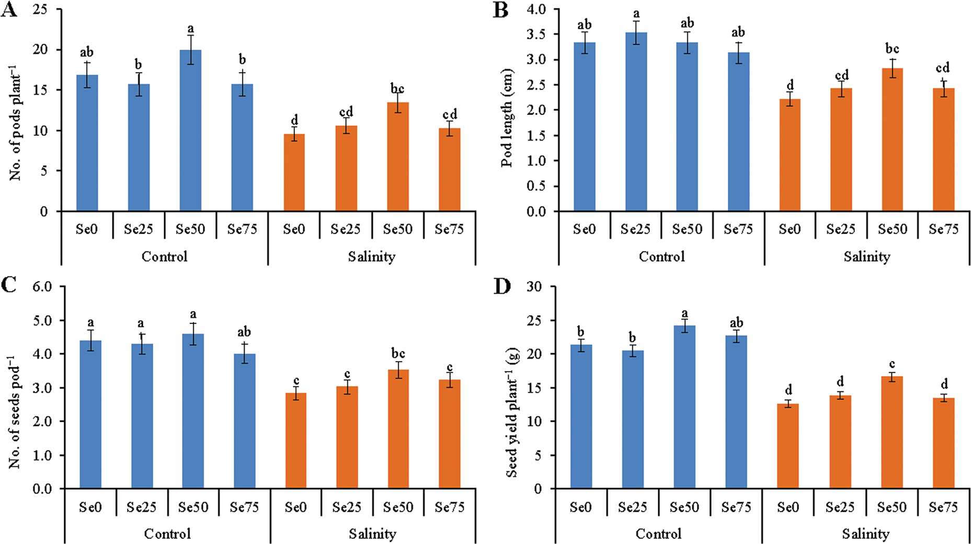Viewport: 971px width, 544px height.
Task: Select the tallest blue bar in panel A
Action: (190, 131)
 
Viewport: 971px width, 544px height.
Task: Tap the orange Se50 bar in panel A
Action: (397, 157)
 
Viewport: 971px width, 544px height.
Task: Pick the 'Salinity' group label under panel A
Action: (371, 257)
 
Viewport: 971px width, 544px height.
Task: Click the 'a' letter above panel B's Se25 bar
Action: (636, 14)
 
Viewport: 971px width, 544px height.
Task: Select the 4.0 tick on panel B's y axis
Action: (536, 9)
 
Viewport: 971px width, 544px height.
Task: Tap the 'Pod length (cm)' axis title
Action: (507, 118)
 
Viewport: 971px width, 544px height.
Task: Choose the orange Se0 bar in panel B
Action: (790, 155)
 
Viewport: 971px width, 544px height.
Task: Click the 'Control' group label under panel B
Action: (661, 257)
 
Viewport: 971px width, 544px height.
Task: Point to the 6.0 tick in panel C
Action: (42, 286)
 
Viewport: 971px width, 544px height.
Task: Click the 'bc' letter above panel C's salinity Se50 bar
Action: (398, 354)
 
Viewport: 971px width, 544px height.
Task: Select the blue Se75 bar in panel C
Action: (244, 421)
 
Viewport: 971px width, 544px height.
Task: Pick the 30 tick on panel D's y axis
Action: (534, 286)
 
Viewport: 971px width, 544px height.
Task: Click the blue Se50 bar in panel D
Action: (684, 407)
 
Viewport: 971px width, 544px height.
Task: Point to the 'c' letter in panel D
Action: (892, 364)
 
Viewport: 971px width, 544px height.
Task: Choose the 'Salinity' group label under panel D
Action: (866, 534)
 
